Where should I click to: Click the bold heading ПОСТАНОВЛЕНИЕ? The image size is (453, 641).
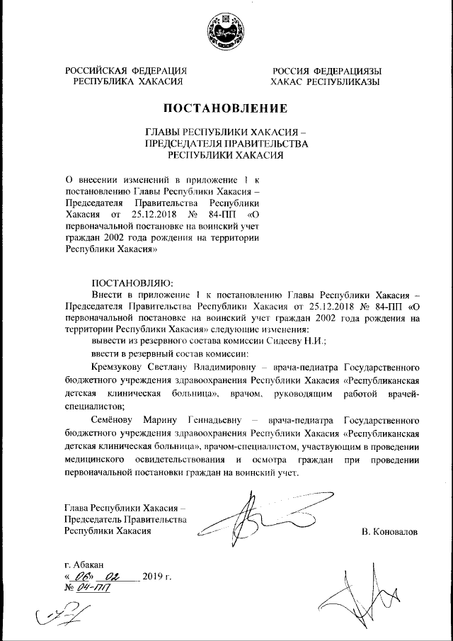[x=226, y=108]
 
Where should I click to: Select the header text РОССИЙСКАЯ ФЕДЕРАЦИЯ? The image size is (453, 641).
[x=126, y=71]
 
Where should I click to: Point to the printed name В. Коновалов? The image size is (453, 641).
[x=389, y=530]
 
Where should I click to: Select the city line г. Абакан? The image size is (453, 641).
[x=84, y=565]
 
